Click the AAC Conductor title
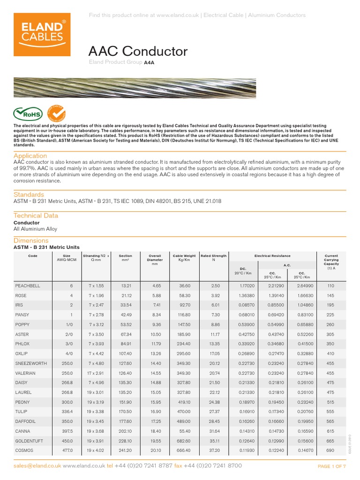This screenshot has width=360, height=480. point(138,51)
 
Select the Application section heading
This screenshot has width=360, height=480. point(30,156)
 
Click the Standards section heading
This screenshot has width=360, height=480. point(29,195)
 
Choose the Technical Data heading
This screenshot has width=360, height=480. point(36,216)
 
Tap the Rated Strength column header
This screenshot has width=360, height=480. point(213,258)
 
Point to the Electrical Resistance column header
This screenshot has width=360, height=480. point(272,256)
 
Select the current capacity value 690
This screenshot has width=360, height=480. point(330,450)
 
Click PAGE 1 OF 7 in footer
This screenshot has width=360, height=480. point(331,466)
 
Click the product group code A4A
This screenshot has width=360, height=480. point(149,62)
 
